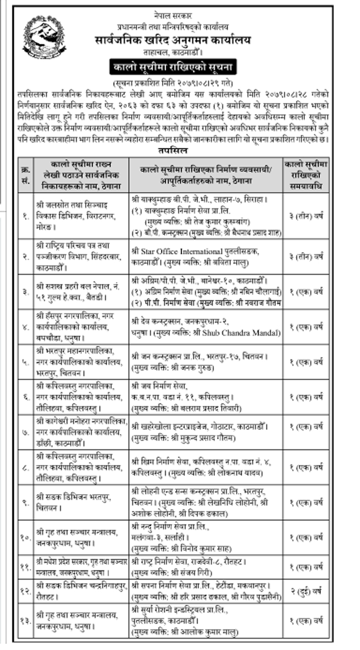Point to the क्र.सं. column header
25,174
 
